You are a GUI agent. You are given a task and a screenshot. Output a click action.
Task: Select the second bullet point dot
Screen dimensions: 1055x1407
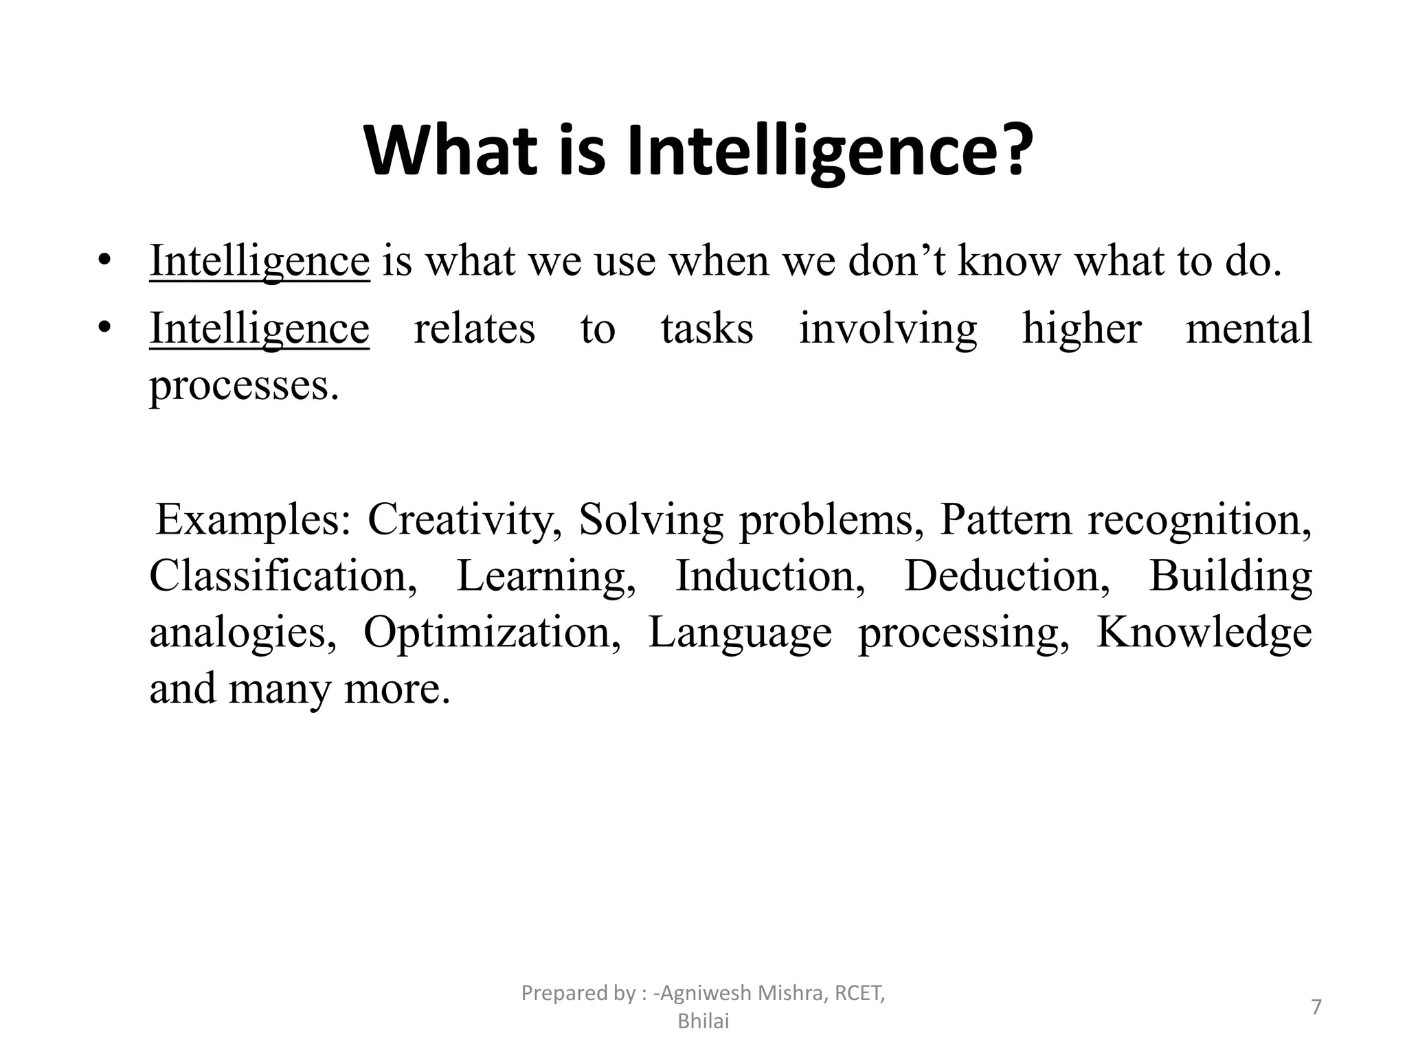(x=104, y=328)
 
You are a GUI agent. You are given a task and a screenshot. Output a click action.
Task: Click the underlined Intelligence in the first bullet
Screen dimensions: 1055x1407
(x=260, y=262)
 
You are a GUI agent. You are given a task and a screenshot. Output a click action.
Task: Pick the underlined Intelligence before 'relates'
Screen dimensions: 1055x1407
(x=260, y=329)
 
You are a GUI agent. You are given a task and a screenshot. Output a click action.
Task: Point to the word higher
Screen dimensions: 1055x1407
(x=1082, y=328)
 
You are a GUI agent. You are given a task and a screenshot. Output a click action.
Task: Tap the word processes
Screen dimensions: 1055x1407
(x=244, y=386)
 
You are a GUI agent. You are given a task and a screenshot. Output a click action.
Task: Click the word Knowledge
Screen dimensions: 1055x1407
(x=1204, y=632)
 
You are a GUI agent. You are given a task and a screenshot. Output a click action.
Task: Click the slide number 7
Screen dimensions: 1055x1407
(x=1316, y=1007)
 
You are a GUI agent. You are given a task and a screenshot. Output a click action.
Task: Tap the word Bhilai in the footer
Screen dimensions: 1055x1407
(x=703, y=1022)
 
